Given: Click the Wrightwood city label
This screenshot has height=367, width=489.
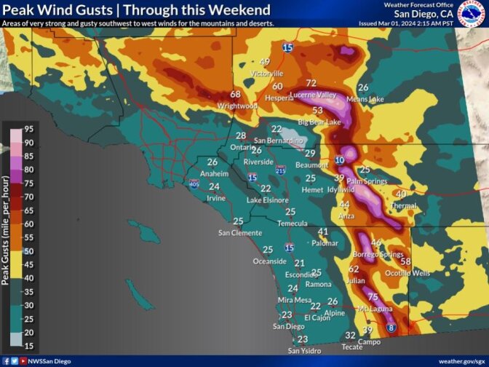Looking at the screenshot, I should (237, 106).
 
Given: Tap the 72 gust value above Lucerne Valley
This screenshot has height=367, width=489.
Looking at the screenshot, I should (311, 84).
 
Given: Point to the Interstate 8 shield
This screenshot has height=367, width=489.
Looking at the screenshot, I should (391, 329).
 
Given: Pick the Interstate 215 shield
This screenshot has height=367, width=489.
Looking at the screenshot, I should (281, 169).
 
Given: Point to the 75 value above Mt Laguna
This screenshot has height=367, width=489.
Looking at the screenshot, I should (373, 297).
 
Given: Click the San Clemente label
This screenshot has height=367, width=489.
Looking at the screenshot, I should (240, 233).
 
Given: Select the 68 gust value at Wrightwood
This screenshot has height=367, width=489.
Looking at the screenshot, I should (235, 95).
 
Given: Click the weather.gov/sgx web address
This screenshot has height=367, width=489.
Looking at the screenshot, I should (461, 361).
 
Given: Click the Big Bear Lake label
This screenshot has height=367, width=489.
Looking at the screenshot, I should (319, 122).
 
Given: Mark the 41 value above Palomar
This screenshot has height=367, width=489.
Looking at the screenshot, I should (323, 232).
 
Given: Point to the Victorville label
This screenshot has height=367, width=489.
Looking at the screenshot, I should (266, 74).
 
